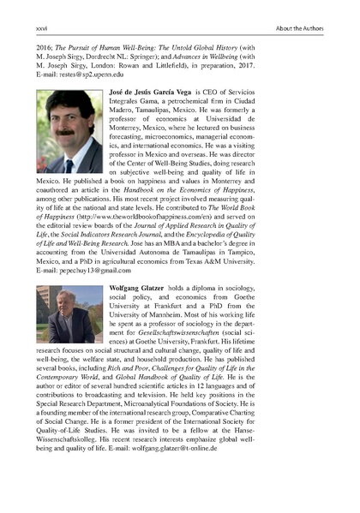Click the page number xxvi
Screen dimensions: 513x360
pyautogui.click(x=41, y=29)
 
